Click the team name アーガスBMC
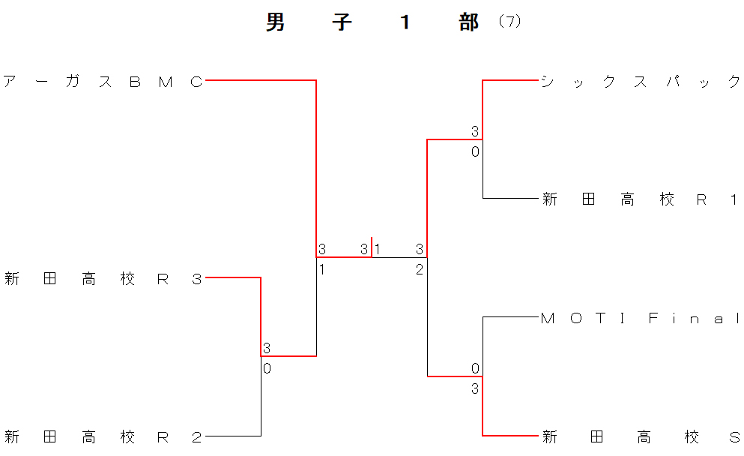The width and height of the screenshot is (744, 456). tap(103, 82)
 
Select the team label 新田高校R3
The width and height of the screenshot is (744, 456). tap(103, 280)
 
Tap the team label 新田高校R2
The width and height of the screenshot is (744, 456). tap(103, 437)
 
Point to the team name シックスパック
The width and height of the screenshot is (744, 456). tap(641, 82)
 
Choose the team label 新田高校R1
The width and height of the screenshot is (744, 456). tap(641, 199)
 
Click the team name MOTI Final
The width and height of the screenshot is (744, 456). tap(641, 319)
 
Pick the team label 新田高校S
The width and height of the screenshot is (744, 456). tap(641, 437)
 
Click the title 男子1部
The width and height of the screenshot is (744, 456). tap(372, 22)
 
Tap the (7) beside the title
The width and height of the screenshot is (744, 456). tap(509, 22)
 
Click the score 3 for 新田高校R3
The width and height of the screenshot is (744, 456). tap(267, 348)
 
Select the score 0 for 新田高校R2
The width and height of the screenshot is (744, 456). tap(267, 368)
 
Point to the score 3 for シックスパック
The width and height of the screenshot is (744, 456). tap(475, 132)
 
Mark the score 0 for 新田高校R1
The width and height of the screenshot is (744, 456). tap(475, 152)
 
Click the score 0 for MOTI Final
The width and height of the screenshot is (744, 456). tap(475, 368)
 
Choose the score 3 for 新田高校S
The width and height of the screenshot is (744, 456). tap(475, 388)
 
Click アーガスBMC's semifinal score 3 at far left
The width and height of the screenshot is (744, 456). tap(321, 249)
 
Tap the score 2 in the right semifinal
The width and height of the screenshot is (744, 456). tap(420, 269)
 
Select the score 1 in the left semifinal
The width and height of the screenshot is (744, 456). tap(321, 269)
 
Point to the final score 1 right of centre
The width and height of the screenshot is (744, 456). tap(378, 249)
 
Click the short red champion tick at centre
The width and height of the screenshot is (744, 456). tap(372, 246)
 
